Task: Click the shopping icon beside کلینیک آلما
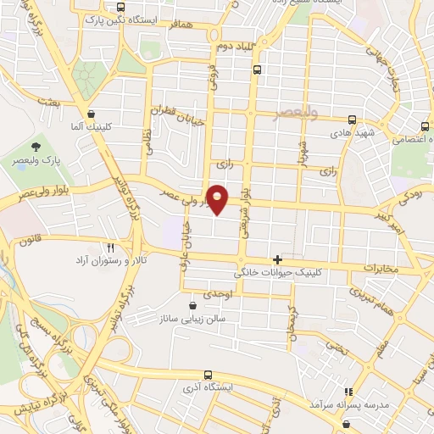tap(90, 112)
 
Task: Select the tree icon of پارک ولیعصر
tap(36, 147)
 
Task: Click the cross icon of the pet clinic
tap(277, 259)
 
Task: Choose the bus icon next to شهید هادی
tap(352, 120)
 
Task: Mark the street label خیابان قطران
tap(179, 117)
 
